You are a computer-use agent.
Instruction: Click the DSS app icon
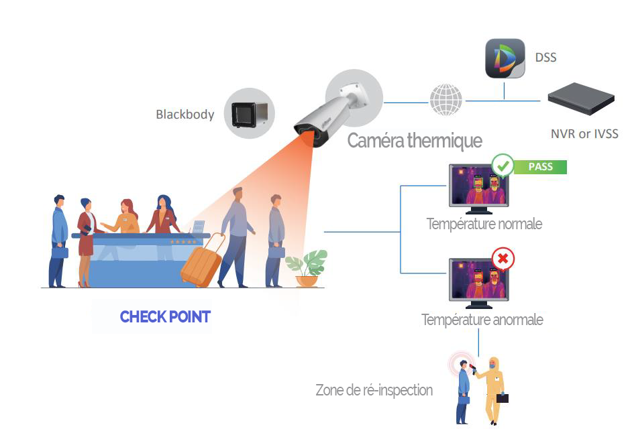(505, 59)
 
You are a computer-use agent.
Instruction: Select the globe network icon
(445, 101)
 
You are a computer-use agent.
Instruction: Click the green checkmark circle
(503, 166)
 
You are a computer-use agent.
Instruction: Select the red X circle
(503, 258)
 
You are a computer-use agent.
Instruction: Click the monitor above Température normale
(478, 188)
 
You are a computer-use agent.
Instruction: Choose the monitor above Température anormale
(478, 282)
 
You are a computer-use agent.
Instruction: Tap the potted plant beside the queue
(307, 267)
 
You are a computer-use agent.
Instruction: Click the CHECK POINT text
(165, 316)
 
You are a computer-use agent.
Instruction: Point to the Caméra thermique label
(415, 141)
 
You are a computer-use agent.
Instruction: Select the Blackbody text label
(185, 114)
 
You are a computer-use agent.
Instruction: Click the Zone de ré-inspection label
(374, 390)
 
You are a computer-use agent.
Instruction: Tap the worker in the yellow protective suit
(494, 389)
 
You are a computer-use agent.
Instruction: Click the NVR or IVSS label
(584, 134)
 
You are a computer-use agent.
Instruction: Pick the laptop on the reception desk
(197, 228)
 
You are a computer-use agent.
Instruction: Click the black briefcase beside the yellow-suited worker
(502, 397)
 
